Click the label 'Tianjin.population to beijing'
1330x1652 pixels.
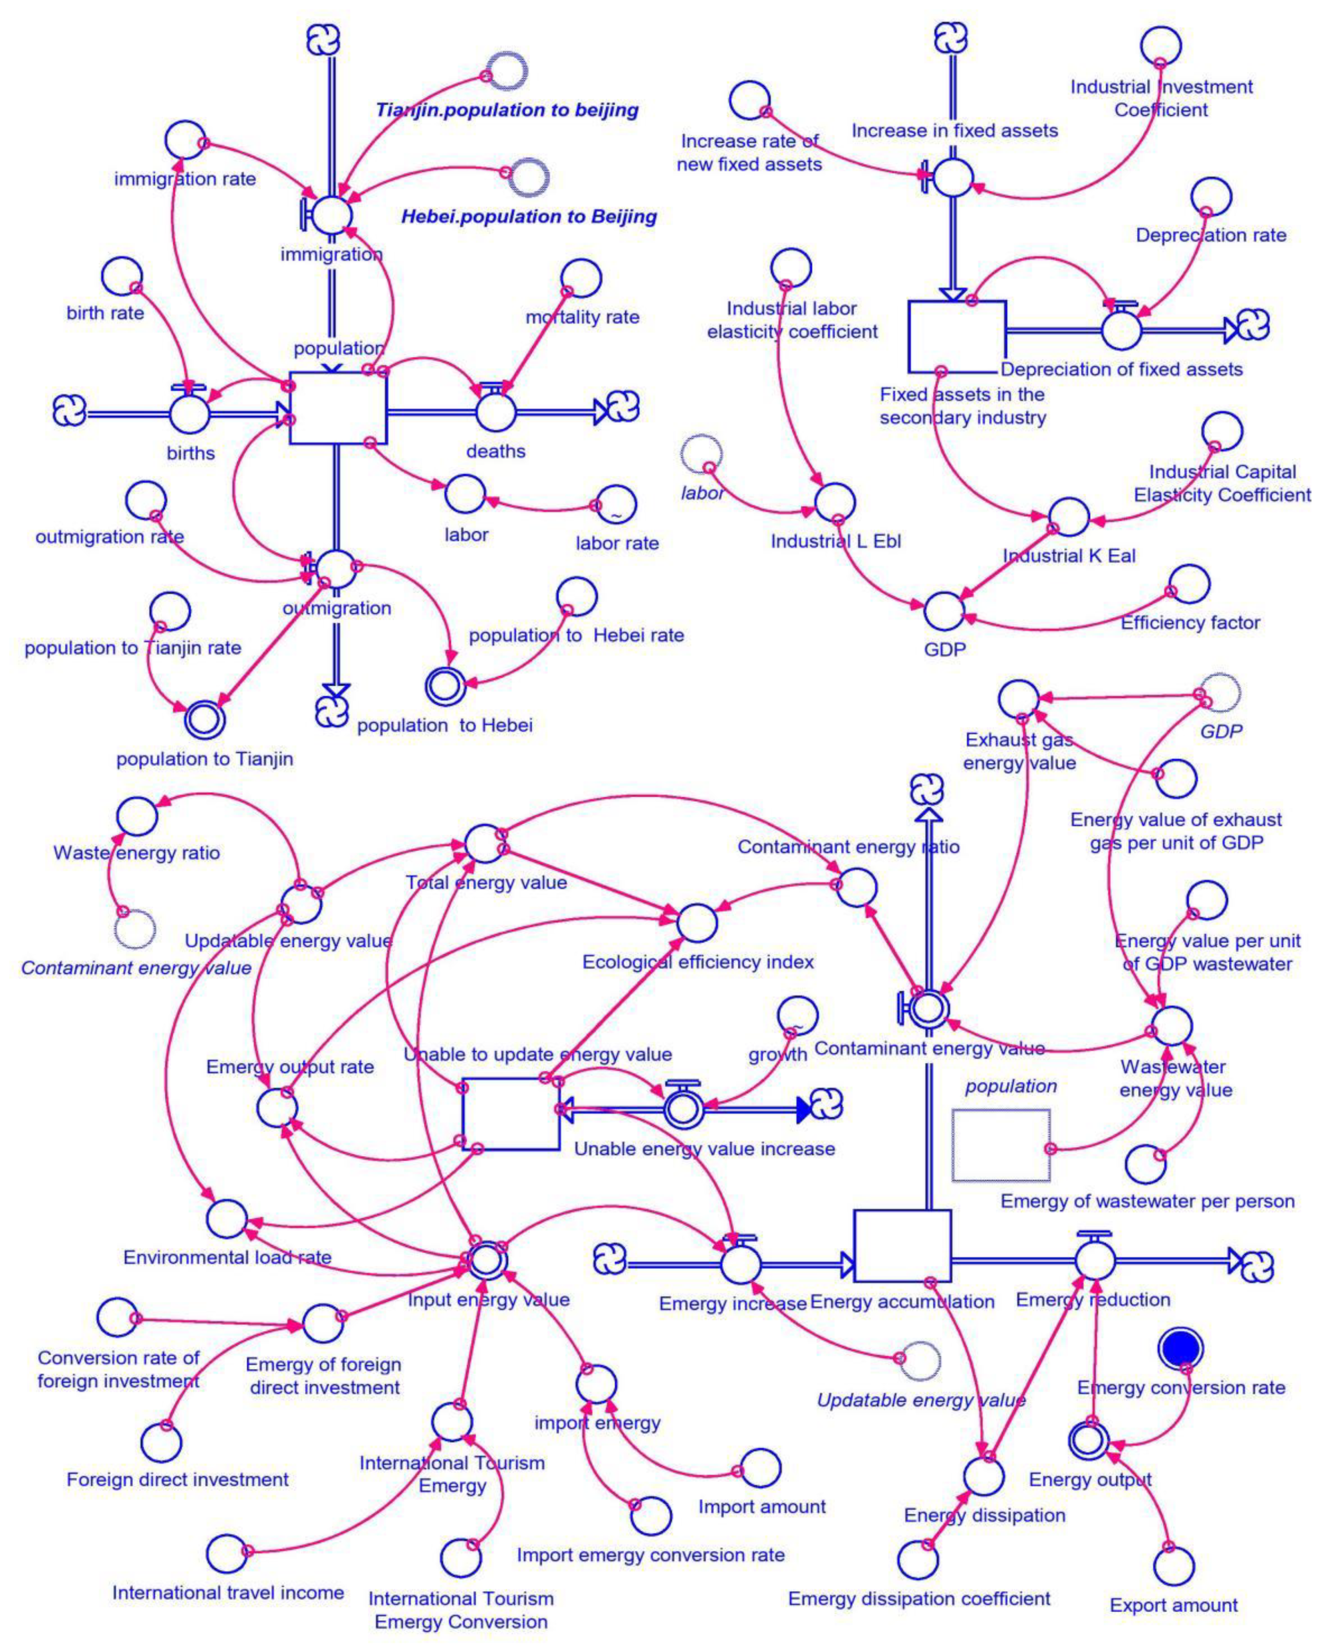507,110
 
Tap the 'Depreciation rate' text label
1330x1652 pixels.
1211,235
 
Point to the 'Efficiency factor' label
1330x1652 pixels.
1190,622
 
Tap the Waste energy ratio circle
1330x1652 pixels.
138,815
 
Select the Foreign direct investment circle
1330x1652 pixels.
162,1443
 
